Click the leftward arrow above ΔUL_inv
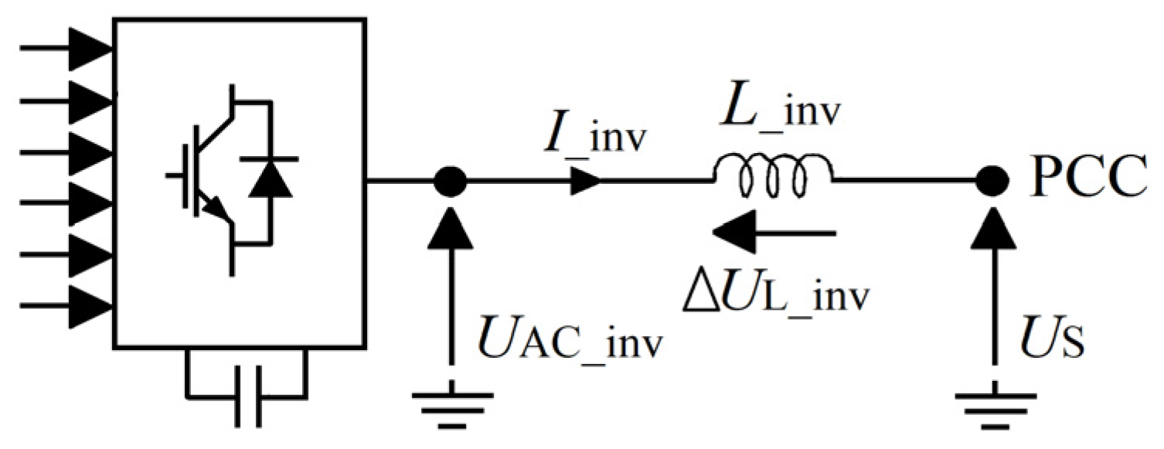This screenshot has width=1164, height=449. pyautogui.click(x=773, y=231)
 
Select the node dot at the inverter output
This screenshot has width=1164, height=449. pyautogui.click(x=450, y=183)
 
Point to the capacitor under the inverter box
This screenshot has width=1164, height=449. pyautogui.click(x=248, y=396)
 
